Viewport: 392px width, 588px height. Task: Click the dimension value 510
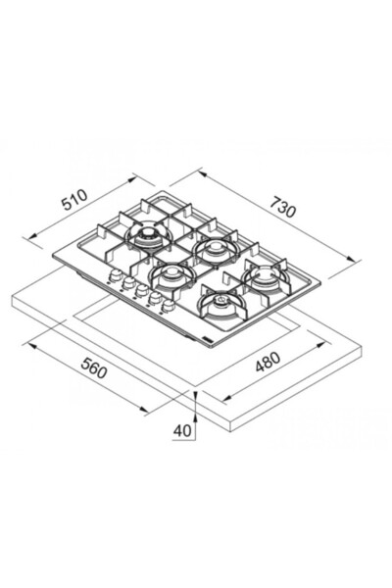tap(74, 200)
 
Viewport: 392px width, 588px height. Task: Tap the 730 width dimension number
tap(283, 207)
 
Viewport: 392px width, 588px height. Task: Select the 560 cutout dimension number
tap(94, 367)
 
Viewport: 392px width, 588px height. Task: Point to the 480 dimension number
tap(268, 362)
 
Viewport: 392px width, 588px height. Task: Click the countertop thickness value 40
tap(182, 431)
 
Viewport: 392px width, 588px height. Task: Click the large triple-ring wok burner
tap(149, 236)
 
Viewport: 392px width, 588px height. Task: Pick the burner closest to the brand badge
tap(221, 302)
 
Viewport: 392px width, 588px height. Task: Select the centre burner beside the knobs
tap(172, 274)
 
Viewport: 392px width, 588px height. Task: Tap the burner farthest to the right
tap(266, 276)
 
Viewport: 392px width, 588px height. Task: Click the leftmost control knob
tap(115, 275)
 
